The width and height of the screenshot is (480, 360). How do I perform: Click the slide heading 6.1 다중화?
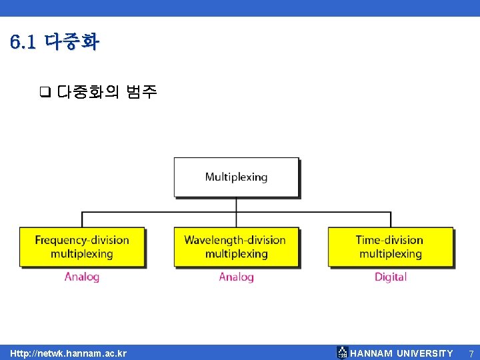[x=55, y=43]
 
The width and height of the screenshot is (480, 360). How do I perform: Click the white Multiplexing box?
[x=236, y=177]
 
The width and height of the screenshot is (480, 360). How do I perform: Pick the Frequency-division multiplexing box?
[x=82, y=247]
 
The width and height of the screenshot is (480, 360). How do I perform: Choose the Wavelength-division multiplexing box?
[x=236, y=247]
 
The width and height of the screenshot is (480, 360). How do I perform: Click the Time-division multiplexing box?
[x=390, y=247]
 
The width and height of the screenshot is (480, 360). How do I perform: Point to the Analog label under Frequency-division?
[x=82, y=277]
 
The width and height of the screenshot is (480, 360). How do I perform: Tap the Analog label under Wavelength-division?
[x=236, y=277]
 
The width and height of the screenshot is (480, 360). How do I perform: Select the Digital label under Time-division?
[x=390, y=277]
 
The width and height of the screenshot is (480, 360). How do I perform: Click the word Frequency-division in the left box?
[x=82, y=240]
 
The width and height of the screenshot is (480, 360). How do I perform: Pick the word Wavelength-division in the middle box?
[x=235, y=240]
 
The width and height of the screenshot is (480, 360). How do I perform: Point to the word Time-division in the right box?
[x=389, y=240]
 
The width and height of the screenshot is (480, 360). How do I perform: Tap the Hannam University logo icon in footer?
[x=342, y=353]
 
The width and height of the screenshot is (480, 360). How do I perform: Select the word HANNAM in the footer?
[x=371, y=353]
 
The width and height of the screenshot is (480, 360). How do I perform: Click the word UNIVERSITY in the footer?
[x=425, y=353]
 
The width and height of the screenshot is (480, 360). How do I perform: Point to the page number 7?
[x=471, y=353]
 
